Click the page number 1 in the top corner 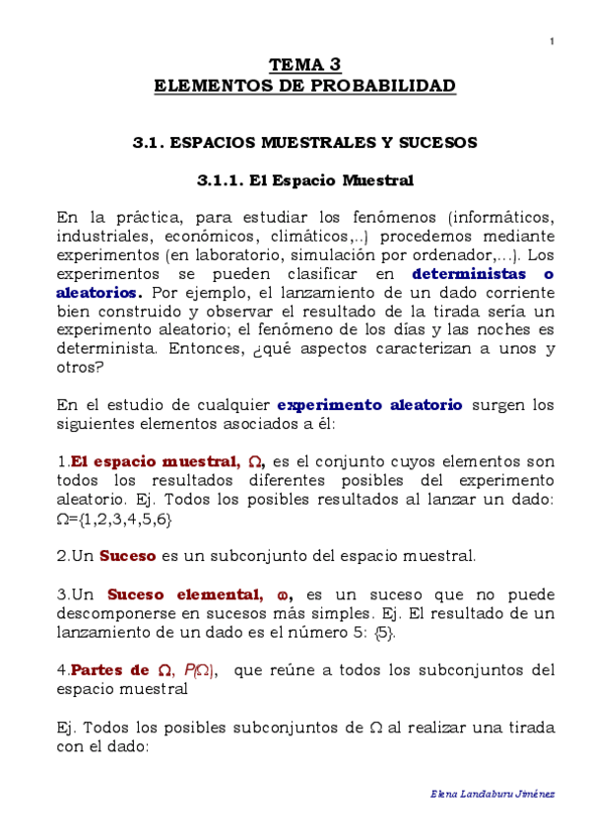click(x=552, y=40)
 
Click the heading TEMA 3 click(x=305, y=66)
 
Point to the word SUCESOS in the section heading click(x=441, y=143)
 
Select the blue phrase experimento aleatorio click(x=369, y=404)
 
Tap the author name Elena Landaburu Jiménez click(x=493, y=794)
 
